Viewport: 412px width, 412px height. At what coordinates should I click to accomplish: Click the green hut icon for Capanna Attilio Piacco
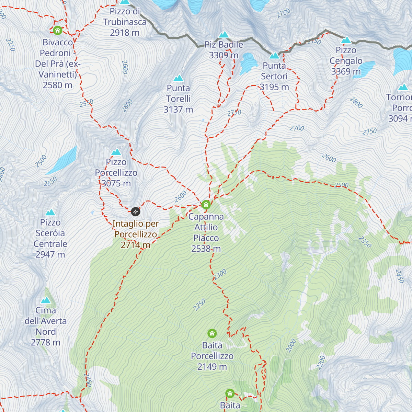[206, 205]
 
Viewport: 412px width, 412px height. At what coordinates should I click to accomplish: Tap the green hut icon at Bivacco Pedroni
[57, 31]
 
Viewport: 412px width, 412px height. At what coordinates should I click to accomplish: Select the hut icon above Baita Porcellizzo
[212, 333]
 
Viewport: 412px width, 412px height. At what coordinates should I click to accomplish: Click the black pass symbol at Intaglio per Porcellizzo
[136, 211]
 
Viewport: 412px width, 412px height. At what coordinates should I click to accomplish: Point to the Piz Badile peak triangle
[224, 34]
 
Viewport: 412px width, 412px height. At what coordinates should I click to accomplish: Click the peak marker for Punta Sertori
[274, 56]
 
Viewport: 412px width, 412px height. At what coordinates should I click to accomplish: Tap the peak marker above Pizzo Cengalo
[346, 40]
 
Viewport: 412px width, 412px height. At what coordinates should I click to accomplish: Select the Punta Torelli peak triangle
[178, 78]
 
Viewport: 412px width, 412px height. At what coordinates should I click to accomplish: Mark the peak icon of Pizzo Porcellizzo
[116, 152]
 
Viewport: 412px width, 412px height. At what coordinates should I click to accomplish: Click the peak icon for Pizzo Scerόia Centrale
[50, 213]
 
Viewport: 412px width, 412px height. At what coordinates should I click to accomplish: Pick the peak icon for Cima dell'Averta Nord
[46, 300]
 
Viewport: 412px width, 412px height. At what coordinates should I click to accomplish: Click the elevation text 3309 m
[224, 55]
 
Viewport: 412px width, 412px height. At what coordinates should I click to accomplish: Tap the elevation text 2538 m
[206, 249]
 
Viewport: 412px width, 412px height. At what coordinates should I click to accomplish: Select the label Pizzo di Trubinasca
[125, 16]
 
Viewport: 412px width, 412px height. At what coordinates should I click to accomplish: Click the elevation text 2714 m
[135, 245]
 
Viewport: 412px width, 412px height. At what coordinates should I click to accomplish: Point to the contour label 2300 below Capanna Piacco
[220, 275]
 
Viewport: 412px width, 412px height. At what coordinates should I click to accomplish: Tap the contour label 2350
[365, 242]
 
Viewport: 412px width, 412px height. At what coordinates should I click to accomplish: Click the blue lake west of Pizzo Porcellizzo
[62, 160]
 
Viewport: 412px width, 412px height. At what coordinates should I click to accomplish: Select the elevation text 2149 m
[212, 367]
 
